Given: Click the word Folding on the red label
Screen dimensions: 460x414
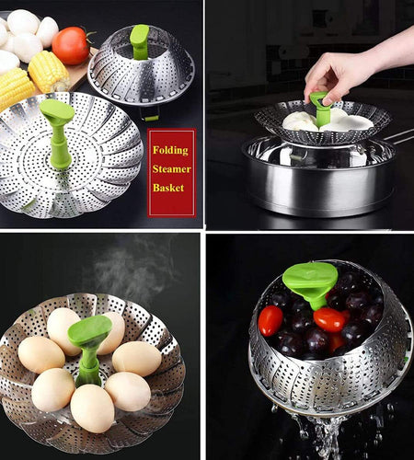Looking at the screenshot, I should click(172, 150).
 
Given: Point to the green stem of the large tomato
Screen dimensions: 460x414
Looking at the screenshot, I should click(87, 35).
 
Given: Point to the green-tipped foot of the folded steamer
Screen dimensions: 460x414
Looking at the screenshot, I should click(151, 117).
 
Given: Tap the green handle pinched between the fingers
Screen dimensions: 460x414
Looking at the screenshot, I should click(319, 107).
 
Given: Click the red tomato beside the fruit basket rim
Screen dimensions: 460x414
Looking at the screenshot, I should click(270, 320).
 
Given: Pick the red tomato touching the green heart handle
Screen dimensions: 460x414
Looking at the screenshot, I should click(328, 318).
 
